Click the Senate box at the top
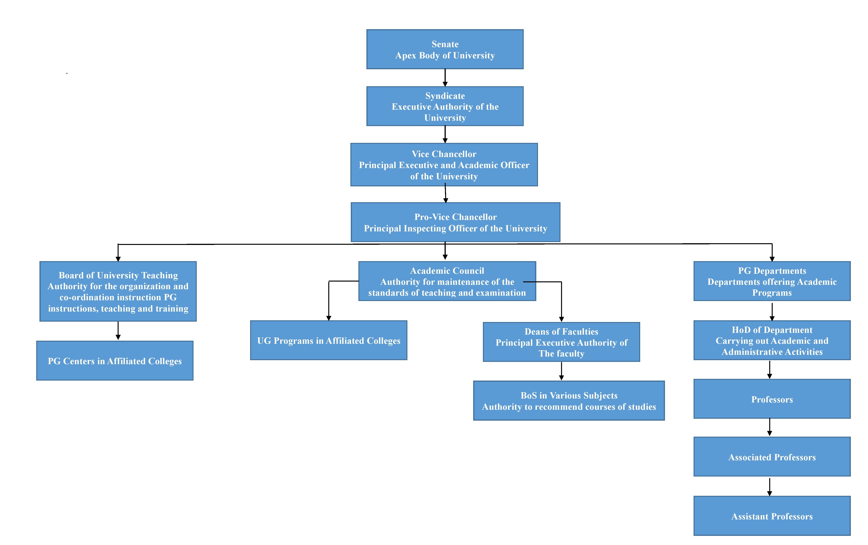[x=445, y=49]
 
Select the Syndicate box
[x=445, y=106]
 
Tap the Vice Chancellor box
[x=444, y=165]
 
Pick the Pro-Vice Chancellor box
[x=456, y=222]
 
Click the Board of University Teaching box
[x=118, y=291]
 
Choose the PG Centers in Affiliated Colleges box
[x=115, y=361]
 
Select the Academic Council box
[x=447, y=281]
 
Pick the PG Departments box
[x=772, y=281]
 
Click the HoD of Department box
[x=772, y=340]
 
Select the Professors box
[x=772, y=399]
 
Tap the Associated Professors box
[x=772, y=457]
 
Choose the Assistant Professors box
[x=772, y=516]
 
